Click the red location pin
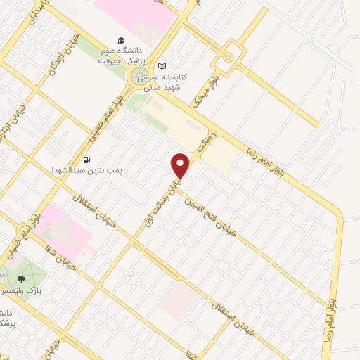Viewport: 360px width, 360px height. click(x=181, y=166)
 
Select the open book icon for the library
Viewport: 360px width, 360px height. click(x=163, y=64)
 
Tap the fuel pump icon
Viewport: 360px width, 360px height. click(x=86, y=160)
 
